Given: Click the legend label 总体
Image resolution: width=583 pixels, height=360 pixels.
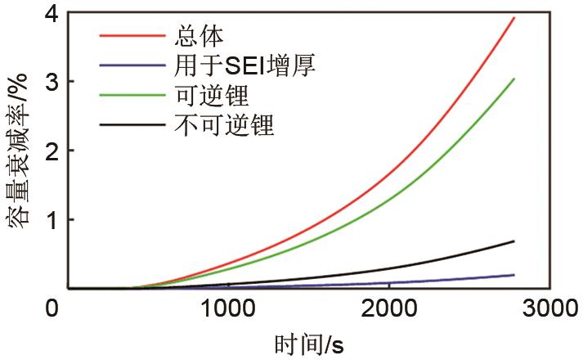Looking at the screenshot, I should click(x=200, y=36).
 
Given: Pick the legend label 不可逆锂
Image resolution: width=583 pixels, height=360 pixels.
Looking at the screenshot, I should click(x=224, y=125).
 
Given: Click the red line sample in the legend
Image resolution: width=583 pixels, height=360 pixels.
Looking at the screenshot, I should click(x=132, y=37).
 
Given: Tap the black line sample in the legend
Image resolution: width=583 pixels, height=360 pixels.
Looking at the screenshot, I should click(x=132, y=125).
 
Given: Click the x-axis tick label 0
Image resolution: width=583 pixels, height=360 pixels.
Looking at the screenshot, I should click(x=54, y=309).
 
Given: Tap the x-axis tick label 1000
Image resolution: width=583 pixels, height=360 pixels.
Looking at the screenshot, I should click(x=226, y=309).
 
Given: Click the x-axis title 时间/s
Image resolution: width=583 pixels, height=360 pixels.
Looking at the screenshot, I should click(x=309, y=344).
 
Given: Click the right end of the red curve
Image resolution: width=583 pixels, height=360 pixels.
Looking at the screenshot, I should click(x=513, y=17).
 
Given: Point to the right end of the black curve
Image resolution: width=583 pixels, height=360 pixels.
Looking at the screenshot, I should click(x=513, y=241).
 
